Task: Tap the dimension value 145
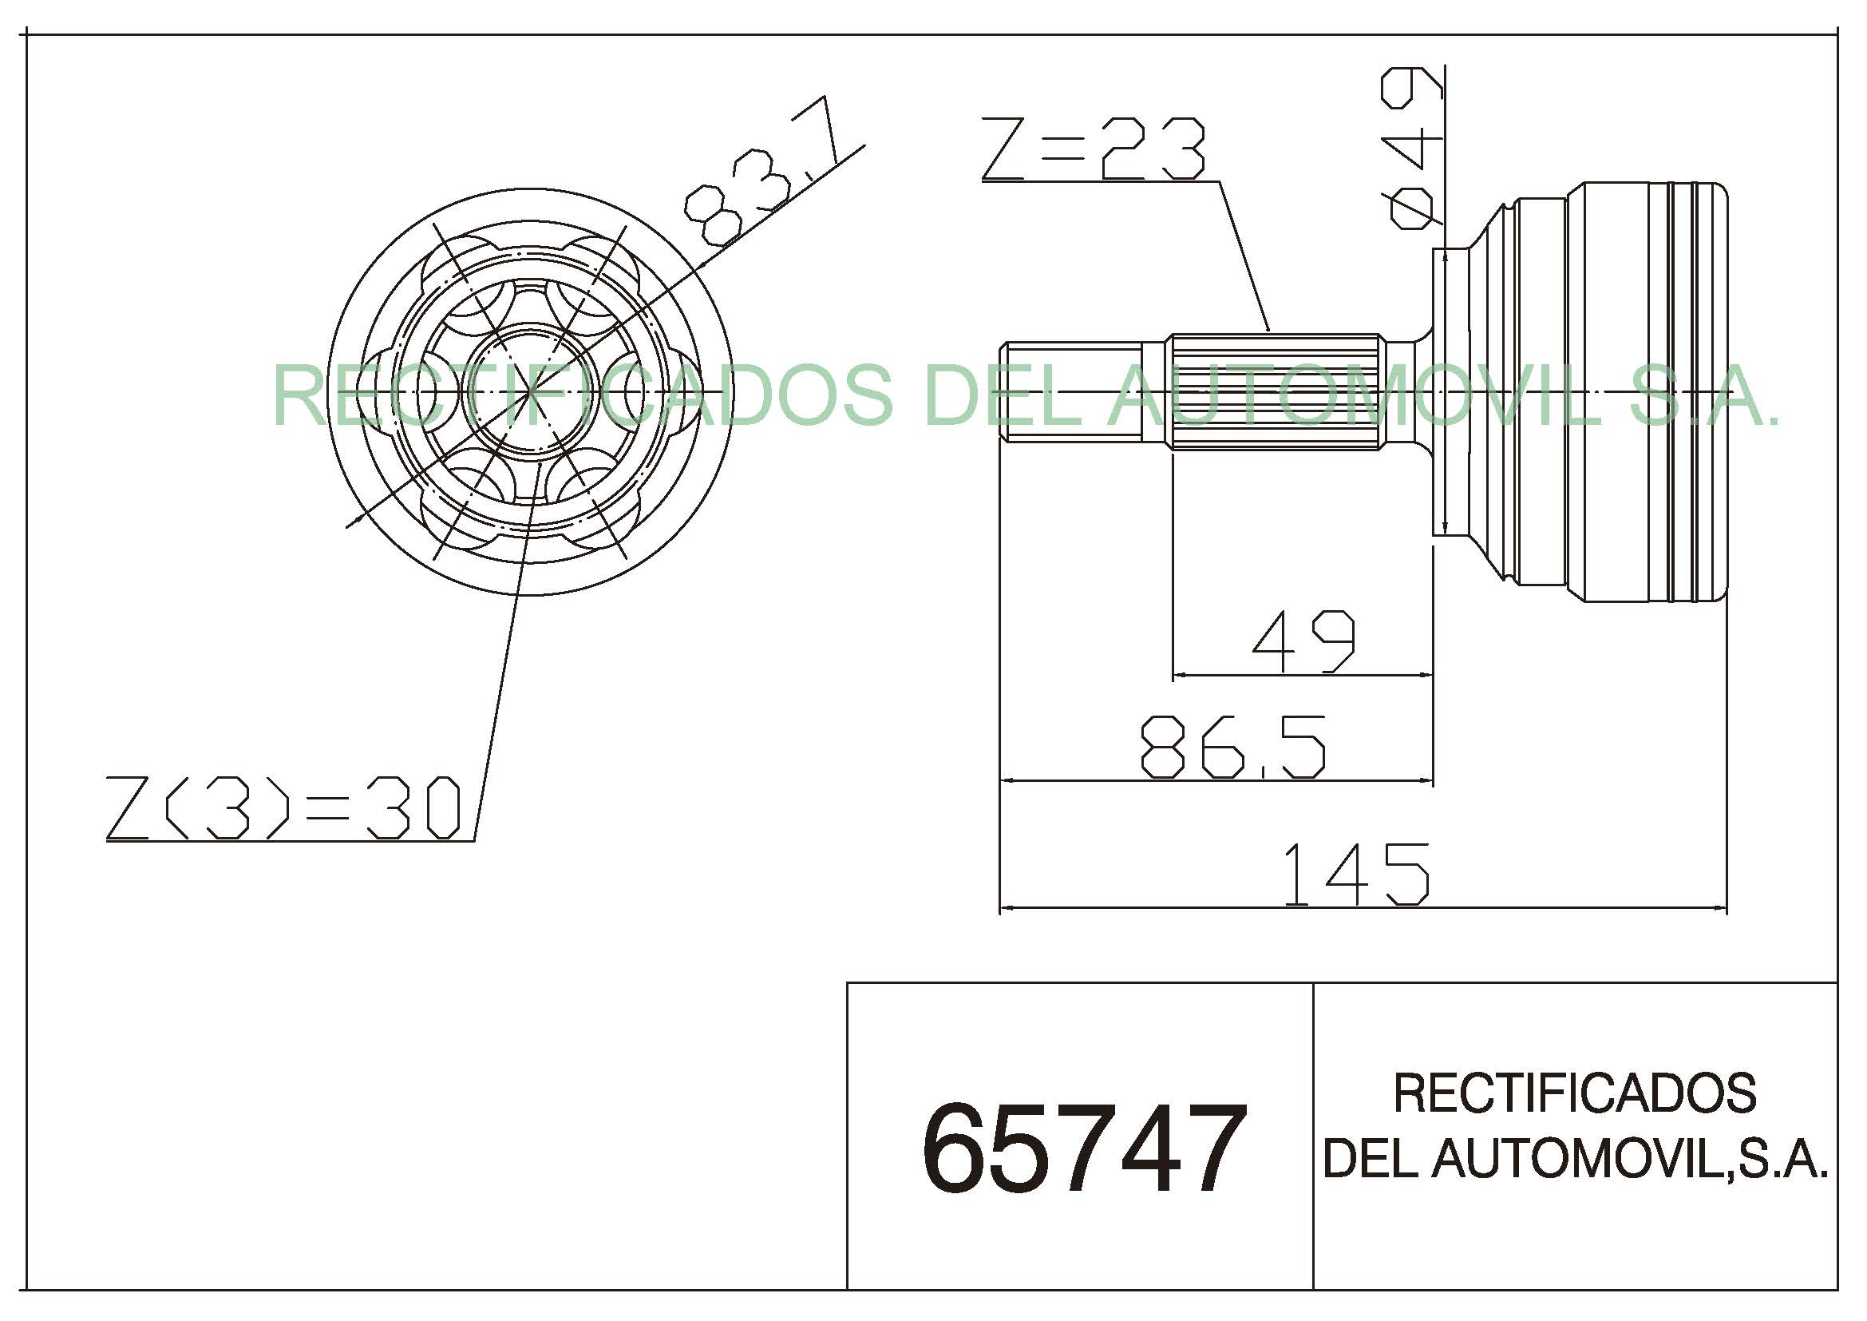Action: pyautogui.click(x=1355, y=875)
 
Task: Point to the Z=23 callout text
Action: pyautogui.click(x=1094, y=149)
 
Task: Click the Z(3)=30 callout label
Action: pyautogui.click(x=284, y=807)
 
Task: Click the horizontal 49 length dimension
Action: pyautogui.click(x=1304, y=642)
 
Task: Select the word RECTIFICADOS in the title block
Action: pyautogui.click(x=1575, y=1093)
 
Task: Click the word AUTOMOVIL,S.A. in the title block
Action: pyautogui.click(x=1630, y=1158)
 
